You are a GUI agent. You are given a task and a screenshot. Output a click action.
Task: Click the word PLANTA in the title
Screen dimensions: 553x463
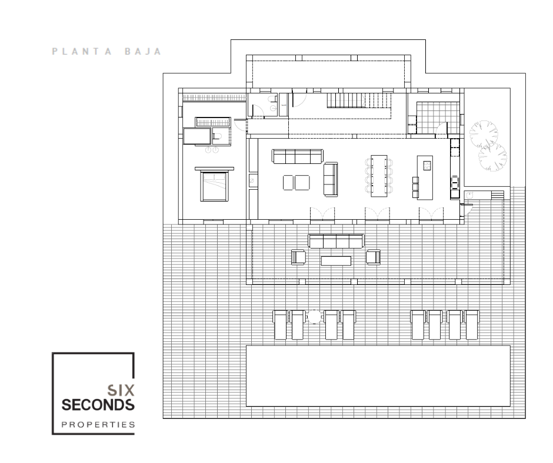pos(82,52)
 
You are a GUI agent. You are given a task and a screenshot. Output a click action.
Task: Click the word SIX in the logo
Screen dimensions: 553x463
pos(121,390)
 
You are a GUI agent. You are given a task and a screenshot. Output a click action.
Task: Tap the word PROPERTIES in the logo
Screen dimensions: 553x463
pos(98,425)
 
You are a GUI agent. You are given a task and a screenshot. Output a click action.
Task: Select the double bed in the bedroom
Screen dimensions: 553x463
pos(214,186)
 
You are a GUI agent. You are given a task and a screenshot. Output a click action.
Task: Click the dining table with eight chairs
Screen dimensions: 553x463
pos(379,176)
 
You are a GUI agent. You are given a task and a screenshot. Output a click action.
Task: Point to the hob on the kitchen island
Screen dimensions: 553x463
pos(427,166)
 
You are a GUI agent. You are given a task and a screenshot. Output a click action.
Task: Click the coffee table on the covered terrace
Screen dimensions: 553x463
pos(336,261)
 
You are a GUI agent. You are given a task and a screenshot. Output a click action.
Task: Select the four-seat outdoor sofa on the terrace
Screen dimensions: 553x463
pos(336,241)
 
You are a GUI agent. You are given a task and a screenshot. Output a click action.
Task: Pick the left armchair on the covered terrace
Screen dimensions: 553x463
pos(298,257)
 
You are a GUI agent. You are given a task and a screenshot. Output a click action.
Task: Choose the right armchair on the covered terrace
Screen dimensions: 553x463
pos(373,257)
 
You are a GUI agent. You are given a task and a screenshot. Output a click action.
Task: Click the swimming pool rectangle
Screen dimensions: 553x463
pos(378,376)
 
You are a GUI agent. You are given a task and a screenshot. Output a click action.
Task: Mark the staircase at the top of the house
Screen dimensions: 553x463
pos(359,100)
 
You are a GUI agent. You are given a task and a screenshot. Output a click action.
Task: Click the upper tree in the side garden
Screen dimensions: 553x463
pos(484,134)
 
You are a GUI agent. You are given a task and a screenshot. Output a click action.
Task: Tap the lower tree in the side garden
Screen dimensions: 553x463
pos(492,157)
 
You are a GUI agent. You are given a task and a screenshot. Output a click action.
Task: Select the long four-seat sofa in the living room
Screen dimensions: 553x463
pos(297,156)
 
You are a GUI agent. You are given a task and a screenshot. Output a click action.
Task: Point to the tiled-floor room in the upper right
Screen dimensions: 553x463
pos(437,118)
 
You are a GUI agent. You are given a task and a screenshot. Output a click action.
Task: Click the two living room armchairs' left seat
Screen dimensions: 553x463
pos(288,183)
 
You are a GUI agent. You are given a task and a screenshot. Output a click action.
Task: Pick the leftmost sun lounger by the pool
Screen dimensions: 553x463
pos(281,324)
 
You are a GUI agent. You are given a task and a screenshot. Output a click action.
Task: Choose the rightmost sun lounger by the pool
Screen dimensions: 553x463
pos(472,324)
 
